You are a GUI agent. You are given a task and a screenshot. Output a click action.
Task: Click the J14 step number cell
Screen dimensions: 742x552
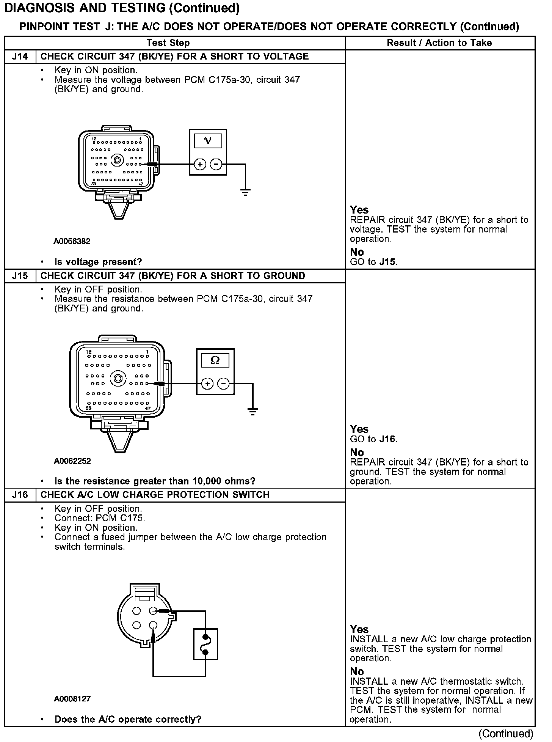[20, 57]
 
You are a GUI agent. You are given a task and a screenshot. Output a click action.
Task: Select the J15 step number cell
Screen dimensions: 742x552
[20, 276]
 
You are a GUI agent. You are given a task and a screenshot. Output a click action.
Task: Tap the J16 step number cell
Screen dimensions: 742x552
[20, 495]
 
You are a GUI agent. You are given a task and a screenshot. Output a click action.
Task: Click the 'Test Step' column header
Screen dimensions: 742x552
[168, 43]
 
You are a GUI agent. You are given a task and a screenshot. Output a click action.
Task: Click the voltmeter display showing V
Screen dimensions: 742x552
[208, 141]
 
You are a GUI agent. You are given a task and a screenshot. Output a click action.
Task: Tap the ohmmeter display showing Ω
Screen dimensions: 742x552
[215, 360]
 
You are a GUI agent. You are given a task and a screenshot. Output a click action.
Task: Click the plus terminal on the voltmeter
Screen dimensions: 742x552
[200, 164]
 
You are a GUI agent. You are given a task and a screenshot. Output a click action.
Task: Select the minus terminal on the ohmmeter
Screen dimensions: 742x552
[224, 384]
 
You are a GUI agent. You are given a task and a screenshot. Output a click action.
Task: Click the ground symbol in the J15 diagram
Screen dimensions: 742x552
[252, 411]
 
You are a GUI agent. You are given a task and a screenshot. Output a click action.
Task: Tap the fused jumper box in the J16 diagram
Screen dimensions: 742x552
[205, 645]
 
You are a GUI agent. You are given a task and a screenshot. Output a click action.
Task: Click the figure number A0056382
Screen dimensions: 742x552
[72, 241]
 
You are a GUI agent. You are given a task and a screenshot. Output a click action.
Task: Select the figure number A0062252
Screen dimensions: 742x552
[72, 461]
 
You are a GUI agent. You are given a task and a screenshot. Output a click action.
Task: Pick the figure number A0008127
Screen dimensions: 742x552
[72, 699]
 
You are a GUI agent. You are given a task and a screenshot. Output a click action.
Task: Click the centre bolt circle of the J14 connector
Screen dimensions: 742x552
[117, 160]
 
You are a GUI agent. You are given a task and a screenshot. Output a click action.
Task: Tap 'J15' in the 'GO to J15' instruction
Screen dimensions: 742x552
[388, 262]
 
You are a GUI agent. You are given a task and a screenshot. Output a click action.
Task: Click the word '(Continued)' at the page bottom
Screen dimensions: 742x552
[506, 734]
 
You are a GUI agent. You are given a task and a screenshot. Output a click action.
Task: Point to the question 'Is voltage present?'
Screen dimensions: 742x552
[98, 262]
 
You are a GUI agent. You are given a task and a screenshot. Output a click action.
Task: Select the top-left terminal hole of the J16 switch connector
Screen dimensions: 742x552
[137, 611]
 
